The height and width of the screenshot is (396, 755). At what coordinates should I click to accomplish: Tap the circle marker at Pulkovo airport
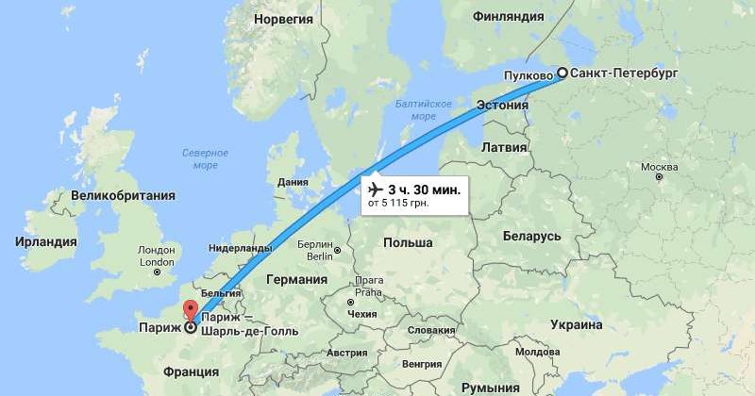point(562,74)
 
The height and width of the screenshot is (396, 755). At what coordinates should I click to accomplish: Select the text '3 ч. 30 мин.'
point(425,190)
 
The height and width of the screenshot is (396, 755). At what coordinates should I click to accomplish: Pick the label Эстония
point(500,105)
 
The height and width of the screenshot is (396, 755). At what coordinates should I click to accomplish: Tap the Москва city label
point(659,168)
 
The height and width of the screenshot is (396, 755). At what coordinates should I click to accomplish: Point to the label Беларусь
point(532,236)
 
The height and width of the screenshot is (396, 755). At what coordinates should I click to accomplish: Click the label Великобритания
point(115,195)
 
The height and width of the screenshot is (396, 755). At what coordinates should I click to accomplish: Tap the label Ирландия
point(46,242)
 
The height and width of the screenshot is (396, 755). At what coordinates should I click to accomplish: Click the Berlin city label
point(319,250)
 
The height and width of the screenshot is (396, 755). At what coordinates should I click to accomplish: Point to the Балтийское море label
point(417,109)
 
